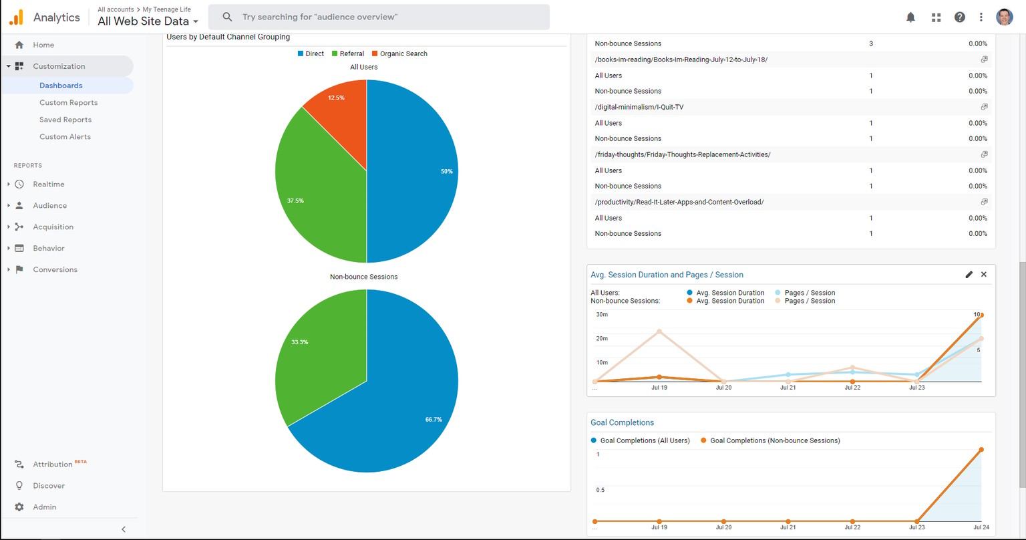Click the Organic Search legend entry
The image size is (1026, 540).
pos(399,53)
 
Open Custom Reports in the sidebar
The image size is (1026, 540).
pos(68,103)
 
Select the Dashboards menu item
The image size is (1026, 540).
pos(61,86)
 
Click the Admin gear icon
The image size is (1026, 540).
pos(19,507)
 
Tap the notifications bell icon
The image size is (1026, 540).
pos(910,17)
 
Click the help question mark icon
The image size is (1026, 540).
pos(960,17)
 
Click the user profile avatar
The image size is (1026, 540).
pos(1005,17)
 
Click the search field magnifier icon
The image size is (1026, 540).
pos(227,17)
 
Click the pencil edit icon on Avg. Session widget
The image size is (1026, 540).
pos(969,275)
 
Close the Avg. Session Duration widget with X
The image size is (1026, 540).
pos(984,275)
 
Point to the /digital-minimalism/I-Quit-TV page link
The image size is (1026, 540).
pos(639,108)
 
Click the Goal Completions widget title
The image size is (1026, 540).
pos(622,422)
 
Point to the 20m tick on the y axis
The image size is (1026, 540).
pos(602,339)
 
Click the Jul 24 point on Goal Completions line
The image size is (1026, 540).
pos(981,450)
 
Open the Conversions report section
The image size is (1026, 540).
pos(55,269)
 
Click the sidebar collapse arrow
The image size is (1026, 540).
pos(124,529)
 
